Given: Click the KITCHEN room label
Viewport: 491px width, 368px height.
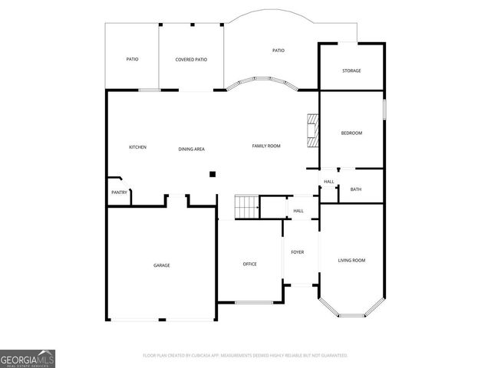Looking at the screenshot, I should pos(137,147).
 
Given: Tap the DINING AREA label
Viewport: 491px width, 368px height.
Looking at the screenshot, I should pos(191,149).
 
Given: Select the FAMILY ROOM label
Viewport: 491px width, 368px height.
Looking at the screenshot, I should pos(266,146).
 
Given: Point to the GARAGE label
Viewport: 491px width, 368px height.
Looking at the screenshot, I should pos(161,265).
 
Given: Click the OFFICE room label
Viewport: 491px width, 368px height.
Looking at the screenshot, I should pos(249,264).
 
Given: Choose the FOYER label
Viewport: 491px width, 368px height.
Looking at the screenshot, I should pos(297,252).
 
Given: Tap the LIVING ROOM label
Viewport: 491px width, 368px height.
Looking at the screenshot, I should pos(351,261).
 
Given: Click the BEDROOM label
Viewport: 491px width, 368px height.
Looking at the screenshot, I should pos(351,133).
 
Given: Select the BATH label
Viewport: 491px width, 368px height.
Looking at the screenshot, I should pos(355,189).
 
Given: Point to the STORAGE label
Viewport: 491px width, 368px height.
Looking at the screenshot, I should pos(351,71).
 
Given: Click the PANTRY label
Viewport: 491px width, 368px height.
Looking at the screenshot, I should pos(119,192).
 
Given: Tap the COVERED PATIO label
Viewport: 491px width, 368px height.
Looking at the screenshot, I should pos(191,59).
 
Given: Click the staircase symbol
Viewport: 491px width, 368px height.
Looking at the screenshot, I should pos(246,207).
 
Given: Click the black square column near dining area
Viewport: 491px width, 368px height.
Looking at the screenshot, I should pos(213,174).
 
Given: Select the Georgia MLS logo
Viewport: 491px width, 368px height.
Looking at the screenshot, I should pos(28,358).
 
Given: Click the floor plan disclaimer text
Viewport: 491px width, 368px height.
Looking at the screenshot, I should pos(245,356).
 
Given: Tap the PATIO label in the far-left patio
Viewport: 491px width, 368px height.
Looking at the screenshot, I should pos(132,59).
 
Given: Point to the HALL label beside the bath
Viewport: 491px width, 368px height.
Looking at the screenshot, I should pos(328,182).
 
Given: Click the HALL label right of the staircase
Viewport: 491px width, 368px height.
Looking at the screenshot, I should pos(298,211).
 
